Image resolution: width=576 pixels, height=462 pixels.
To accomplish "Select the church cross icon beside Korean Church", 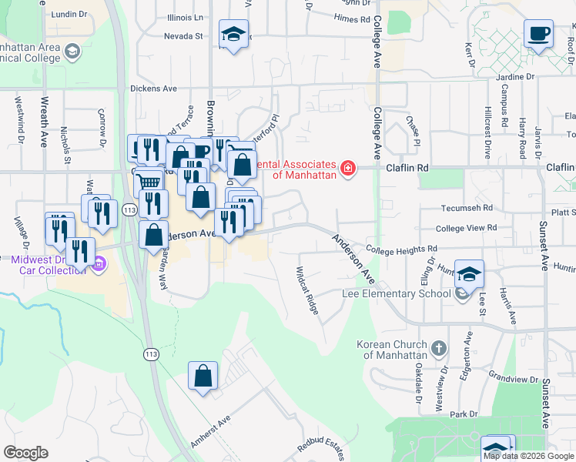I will [439, 348].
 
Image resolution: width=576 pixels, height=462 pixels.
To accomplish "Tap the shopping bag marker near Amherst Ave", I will [203, 377].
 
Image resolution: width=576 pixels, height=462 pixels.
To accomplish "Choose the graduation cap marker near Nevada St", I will [232, 35].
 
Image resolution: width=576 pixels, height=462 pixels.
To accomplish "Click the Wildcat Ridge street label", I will [307, 290].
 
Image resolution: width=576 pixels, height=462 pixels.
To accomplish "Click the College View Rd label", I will [462, 229].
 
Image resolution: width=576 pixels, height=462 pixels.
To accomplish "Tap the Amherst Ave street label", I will [210, 431].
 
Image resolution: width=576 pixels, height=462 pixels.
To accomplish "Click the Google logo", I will [25, 453].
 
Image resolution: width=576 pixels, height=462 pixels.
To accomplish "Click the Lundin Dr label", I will [70, 14].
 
